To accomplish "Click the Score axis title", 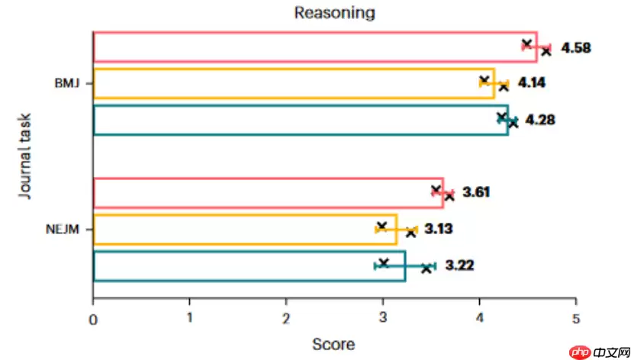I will (x=333, y=344).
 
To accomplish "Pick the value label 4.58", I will (x=576, y=48).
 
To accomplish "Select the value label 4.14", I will (x=533, y=82).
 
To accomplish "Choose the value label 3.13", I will (x=439, y=229).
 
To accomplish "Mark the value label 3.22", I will (x=460, y=265).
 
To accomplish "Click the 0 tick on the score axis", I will (x=93, y=321).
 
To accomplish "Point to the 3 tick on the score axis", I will (x=382, y=321).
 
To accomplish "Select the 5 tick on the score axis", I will (x=575, y=321).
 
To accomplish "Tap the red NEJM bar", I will (x=267, y=192).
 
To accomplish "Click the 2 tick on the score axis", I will (x=286, y=321).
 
